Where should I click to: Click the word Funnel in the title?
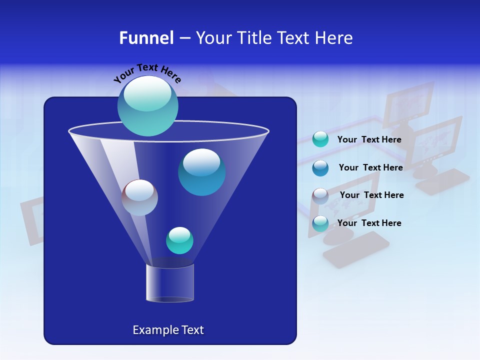[146, 38]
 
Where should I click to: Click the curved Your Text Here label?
[147, 72]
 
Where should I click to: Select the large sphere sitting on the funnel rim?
[147, 105]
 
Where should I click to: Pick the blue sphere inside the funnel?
[201, 172]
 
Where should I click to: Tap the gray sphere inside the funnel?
[139, 197]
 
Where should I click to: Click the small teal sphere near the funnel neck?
[179, 240]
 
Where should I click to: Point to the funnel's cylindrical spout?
[170, 283]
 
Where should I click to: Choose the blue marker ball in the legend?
[320, 168]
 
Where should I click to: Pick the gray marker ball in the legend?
[320, 196]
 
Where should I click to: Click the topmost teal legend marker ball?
[320, 139]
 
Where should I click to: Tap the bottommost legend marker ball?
[320, 223]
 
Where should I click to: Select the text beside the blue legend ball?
[370, 167]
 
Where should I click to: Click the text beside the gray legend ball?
[371, 195]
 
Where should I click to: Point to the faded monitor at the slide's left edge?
[33, 220]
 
